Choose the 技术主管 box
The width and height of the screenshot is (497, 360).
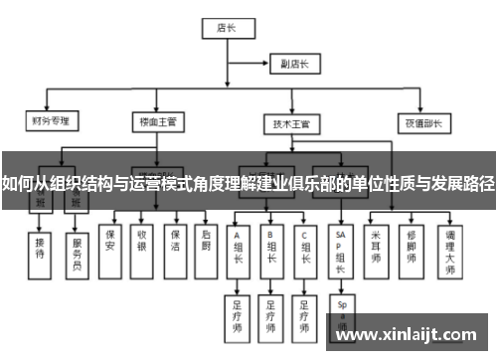click(291, 124)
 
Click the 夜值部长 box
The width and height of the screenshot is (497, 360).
click(422, 124)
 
